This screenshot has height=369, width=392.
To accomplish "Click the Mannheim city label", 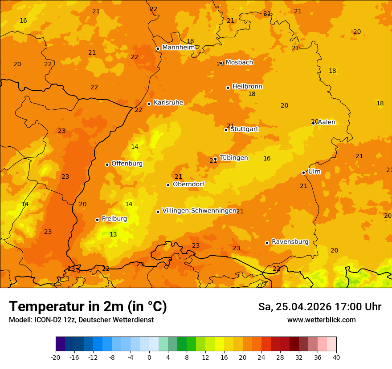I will point(178,47).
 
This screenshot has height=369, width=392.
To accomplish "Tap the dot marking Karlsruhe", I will point(149,104).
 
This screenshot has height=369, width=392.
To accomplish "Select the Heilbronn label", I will point(247,86).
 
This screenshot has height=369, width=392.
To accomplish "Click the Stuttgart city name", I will point(244,129).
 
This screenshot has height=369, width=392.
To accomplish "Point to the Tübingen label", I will point(234,158).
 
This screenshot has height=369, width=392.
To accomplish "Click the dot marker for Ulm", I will point(303,172).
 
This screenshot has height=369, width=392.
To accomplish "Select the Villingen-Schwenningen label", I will point(199,211).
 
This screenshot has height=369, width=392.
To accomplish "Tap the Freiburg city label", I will point(114,219).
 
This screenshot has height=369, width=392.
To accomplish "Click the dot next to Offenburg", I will point(107,164).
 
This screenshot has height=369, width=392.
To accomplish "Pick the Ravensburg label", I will point(290,242).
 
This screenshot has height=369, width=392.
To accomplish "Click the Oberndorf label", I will point(189,184).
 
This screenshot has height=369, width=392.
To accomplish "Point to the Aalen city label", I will point(326,122).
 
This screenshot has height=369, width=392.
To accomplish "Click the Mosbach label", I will point(239,62).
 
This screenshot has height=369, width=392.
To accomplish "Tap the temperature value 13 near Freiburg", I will point(113,234).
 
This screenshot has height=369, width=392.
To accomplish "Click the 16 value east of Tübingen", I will point(267,158).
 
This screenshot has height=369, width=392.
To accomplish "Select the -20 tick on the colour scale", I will point(56,357).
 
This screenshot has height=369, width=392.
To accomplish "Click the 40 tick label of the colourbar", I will point(336,357).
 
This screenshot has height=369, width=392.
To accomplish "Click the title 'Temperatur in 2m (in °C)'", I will point(88,306).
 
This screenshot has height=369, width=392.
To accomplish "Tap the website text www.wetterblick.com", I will point(321,320).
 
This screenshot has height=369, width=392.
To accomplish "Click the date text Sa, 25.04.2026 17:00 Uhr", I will point(319,307).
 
